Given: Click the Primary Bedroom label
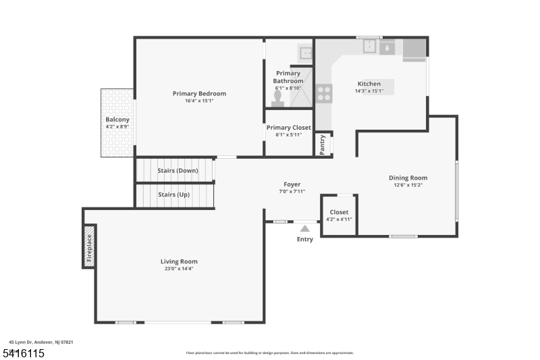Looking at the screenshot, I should coord(199,94).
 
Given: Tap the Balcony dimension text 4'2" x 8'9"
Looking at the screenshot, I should coord(117,126).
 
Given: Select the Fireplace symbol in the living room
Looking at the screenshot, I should coord(88,247).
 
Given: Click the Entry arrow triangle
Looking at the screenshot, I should coord(305,229).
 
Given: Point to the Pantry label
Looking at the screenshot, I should coord(323,145).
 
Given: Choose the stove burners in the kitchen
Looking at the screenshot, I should coord(324,93).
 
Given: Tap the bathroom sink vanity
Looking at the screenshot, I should coord(305,51).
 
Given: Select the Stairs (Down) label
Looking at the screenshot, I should coord(178,170).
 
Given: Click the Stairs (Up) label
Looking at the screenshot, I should coord(173,195).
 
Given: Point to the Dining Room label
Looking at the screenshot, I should coord(408,178).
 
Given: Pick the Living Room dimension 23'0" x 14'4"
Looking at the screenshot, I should coord(179,269).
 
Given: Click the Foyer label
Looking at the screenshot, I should coord(292,184).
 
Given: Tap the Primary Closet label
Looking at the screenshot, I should coord(288,128).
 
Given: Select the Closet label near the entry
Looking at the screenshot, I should coord(339,212).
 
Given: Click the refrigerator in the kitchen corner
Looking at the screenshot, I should coord(414,50).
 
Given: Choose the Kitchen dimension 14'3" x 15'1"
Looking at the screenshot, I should coord(369,91).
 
